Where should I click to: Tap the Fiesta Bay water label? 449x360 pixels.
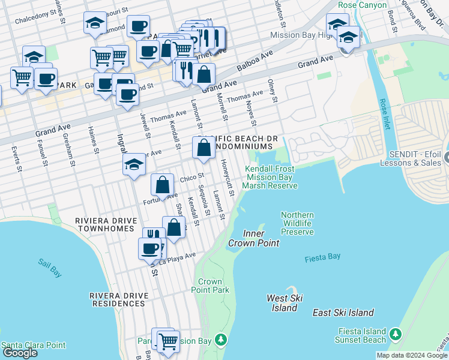pos(322,257)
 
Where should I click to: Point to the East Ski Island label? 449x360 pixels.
pos(343,313)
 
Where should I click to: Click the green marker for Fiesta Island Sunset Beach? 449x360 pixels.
pos(395,333)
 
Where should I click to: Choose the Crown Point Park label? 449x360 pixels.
pos(214,286)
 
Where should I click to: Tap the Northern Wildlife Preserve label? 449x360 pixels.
pos(297,223)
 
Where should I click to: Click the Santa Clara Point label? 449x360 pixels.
pos(33,345)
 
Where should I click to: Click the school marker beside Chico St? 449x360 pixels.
pos(134,164)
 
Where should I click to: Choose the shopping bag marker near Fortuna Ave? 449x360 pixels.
pos(162,185)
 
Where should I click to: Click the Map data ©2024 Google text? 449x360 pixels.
pos(412,355)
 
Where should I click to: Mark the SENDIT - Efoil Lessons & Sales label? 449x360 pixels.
pos(415,158)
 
